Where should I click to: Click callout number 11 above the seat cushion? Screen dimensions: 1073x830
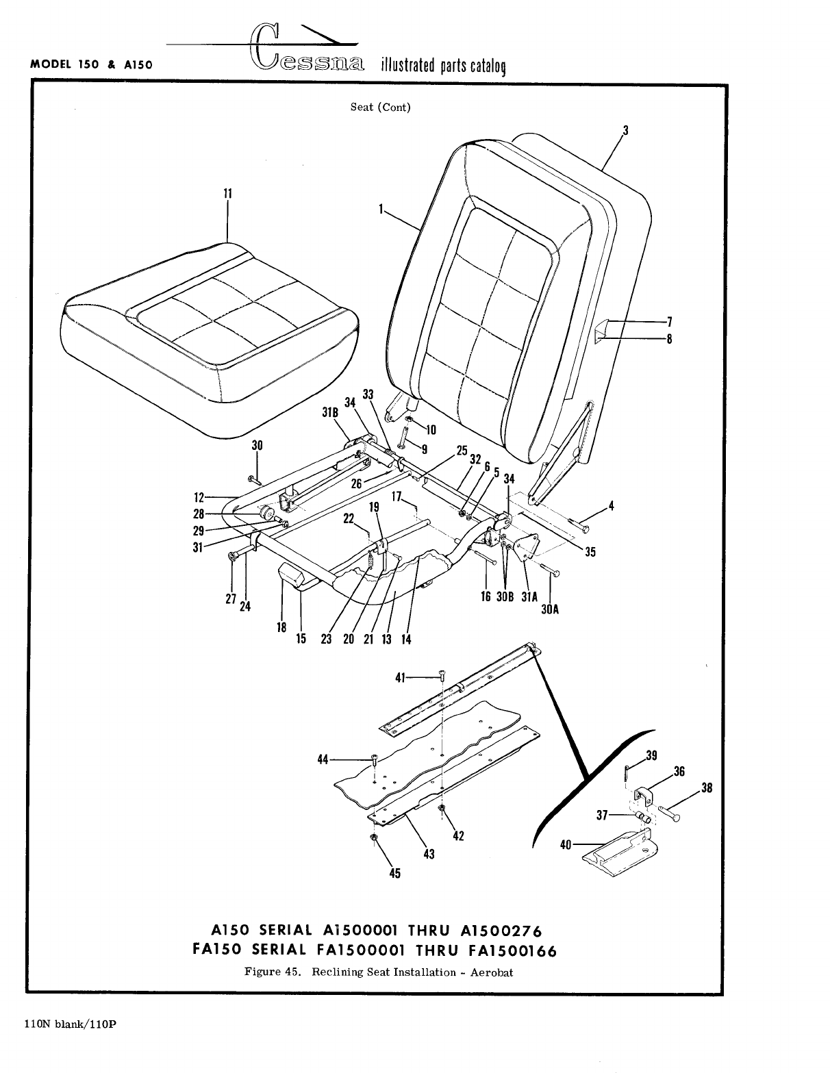228,194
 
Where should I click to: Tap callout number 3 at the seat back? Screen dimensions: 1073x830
625,130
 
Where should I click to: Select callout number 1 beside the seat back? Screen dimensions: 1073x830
380,210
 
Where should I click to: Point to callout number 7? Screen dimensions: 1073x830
670,321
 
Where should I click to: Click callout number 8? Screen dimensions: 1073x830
670,338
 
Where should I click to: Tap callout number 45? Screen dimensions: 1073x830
395,873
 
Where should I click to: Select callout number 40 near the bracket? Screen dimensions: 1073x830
566,845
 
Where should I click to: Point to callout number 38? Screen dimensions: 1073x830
707,788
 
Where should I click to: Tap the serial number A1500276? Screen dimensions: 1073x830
502,931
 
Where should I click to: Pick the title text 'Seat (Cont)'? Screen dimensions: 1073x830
381,108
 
